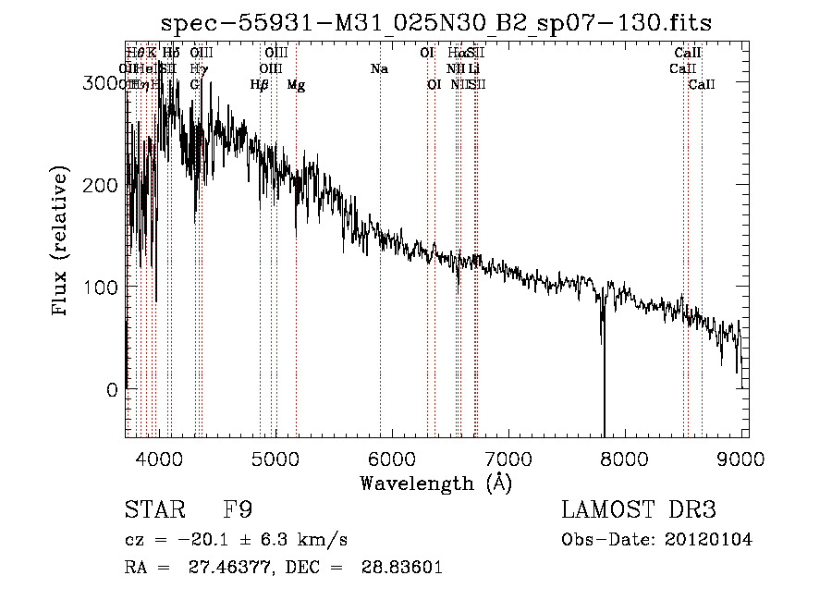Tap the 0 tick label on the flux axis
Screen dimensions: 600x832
[112, 390]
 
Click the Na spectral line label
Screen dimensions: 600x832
[379, 69]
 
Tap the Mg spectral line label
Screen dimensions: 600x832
[296, 85]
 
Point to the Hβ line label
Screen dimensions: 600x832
[260, 85]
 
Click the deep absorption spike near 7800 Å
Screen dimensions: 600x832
[604, 388]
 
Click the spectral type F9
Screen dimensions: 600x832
[238, 511]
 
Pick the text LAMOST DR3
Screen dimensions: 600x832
[639, 511]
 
